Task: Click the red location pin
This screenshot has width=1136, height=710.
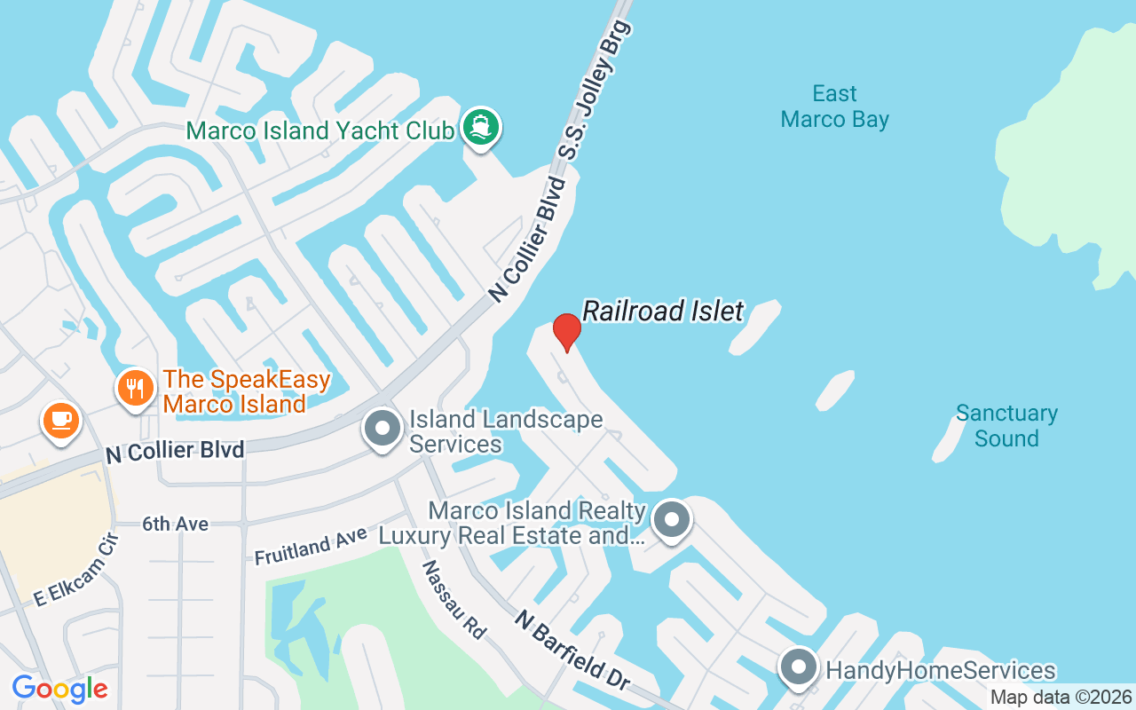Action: pyautogui.click(x=566, y=332)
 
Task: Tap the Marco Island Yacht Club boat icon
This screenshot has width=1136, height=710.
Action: pyautogui.click(x=480, y=128)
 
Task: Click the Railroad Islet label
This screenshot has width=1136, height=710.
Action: pyautogui.click(x=662, y=311)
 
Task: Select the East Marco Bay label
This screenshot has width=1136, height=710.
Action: pyautogui.click(x=834, y=106)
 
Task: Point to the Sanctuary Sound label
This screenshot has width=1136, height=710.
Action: pyautogui.click(x=1006, y=425)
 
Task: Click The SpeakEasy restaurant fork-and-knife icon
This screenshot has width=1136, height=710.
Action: pyautogui.click(x=135, y=389)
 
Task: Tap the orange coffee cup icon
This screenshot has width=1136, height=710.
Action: pyautogui.click(x=60, y=419)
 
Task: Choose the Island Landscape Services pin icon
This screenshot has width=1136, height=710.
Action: pyautogui.click(x=383, y=430)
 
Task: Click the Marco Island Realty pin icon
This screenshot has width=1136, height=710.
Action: pyautogui.click(x=672, y=519)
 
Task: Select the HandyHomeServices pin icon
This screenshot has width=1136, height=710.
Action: pyautogui.click(x=798, y=668)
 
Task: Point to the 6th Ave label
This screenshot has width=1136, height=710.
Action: pyautogui.click(x=175, y=525)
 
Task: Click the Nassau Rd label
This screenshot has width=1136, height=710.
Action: pyautogui.click(x=454, y=599)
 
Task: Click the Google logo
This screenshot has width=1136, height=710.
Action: pyautogui.click(x=59, y=688)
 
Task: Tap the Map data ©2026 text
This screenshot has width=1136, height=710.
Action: pyautogui.click(x=1061, y=697)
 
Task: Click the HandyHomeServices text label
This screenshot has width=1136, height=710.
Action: pyautogui.click(x=941, y=670)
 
